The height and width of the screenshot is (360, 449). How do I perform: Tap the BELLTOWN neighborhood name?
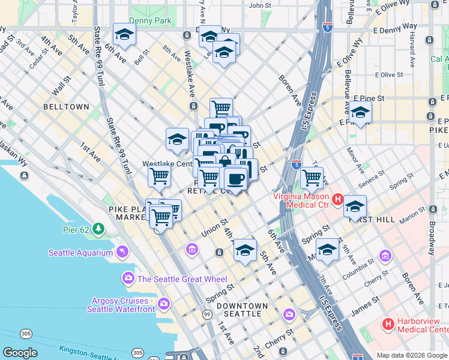click(66, 106)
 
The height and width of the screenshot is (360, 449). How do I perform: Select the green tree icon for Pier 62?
click(99, 229)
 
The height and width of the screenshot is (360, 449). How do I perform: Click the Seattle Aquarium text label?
click(80, 253)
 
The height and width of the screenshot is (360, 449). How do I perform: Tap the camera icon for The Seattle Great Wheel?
click(128, 278)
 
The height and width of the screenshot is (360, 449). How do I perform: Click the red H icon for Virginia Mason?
click(338, 200)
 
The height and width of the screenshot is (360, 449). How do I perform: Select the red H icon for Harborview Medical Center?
click(388, 324)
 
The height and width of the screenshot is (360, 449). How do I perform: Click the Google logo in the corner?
click(20, 353)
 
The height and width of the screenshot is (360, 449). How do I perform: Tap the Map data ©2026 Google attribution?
click(412, 355)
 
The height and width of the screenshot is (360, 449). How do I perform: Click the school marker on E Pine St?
click(360, 112)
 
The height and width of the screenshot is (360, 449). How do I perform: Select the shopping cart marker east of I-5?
click(312, 177)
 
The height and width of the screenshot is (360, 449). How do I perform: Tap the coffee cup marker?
click(235, 178)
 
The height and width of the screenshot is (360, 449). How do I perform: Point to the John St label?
click(260, 5)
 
